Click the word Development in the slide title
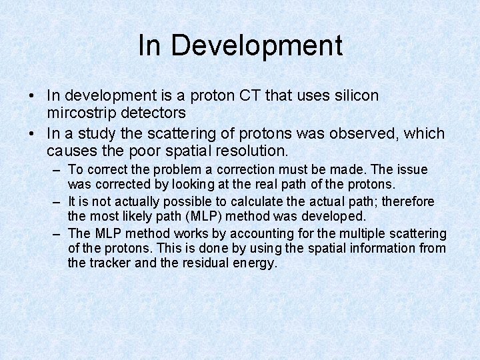point(257,45)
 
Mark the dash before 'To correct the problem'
point(57,170)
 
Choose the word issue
point(413,170)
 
